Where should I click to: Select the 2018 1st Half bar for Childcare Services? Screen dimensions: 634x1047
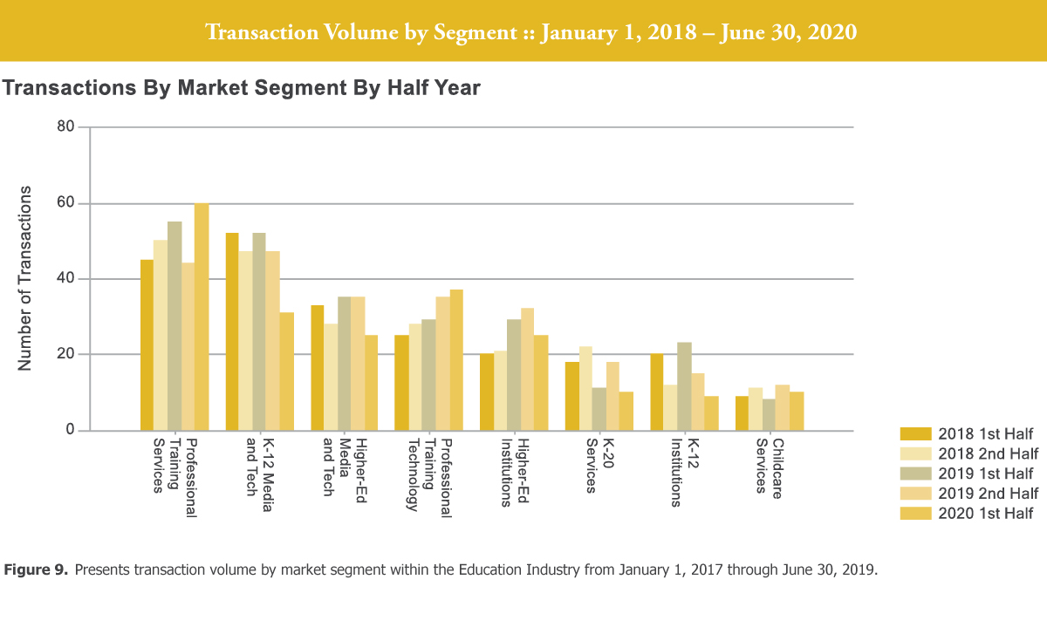pyautogui.click(x=742, y=413)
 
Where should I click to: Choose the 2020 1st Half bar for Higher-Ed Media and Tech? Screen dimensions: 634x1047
pyautogui.click(x=372, y=383)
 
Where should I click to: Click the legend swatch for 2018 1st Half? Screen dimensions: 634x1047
pyautogui.click(x=915, y=434)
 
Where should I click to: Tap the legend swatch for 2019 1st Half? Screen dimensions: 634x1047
pyautogui.click(x=915, y=474)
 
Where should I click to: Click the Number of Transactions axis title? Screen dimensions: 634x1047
pyautogui.click(x=25, y=278)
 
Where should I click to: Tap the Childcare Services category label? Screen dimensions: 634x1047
pyautogui.click(x=769, y=466)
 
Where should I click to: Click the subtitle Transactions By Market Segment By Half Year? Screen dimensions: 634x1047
pyautogui.click(x=242, y=88)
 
